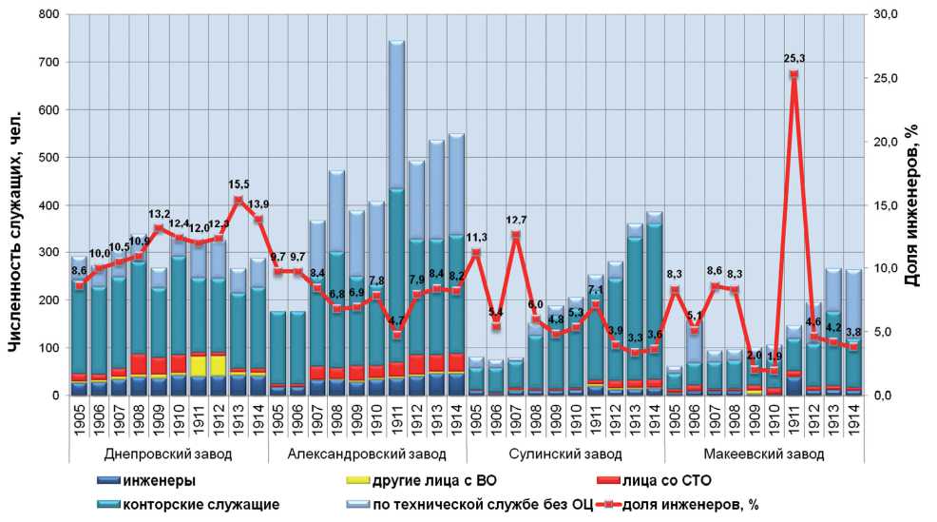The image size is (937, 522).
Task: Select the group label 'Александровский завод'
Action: pos(367,454)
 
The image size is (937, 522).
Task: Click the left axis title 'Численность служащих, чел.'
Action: pos(14,204)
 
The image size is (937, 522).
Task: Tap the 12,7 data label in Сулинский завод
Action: pos(517,221)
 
